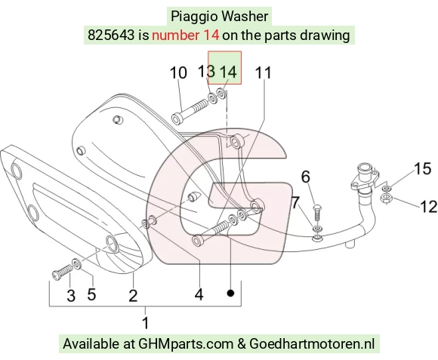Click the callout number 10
(x=178, y=73)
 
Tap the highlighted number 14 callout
(x=228, y=72)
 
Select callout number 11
(x=263, y=73)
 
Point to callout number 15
(x=422, y=169)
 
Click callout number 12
(x=428, y=207)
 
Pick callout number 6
(x=306, y=177)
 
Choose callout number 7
(x=295, y=202)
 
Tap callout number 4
(x=199, y=294)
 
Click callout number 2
(x=133, y=296)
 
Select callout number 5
(x=91, y=294)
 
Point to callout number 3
(x=71, y=296)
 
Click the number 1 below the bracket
(x=146, y=322)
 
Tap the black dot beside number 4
(x=230, y=293)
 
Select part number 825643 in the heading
(x=111, y=35)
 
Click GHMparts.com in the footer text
(x=186, y=344)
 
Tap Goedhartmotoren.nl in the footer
(x=312, y=343)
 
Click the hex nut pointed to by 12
(x=387, y=198)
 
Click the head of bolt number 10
(x=177, y=118)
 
